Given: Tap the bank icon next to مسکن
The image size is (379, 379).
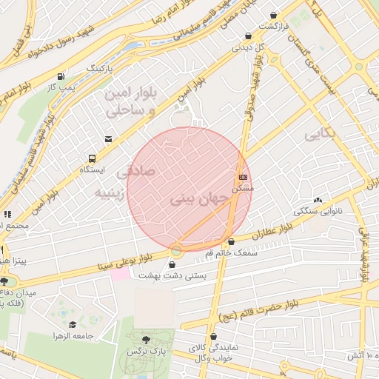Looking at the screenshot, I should [243, 178].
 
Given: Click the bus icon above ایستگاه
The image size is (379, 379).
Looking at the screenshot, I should [93, 158].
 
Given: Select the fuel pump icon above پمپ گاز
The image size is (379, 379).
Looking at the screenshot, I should [60, 76].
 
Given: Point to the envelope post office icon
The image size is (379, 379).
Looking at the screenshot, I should [109, 138].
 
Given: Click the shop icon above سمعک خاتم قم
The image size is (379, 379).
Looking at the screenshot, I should [232, 241].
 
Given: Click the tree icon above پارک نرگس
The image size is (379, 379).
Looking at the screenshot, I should [145, 340].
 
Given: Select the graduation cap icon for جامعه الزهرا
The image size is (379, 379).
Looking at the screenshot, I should [73, 325].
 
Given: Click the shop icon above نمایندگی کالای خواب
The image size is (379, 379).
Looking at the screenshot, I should [218, 336].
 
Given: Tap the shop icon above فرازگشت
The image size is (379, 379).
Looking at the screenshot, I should [275, 15].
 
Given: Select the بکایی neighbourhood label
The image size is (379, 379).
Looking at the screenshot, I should [320, 133].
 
